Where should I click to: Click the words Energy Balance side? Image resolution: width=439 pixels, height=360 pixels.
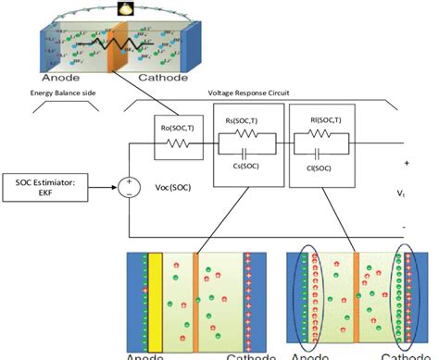pyautogui.click(x=62, y=93)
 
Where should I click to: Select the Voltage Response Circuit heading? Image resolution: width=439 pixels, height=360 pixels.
pyautogui.click(x=262, y=93)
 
